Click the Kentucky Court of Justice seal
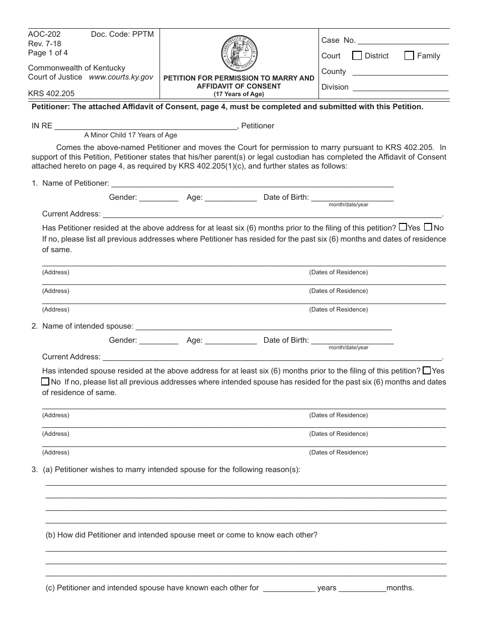pyautogui.click(x=239, y=54)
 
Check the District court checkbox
pyautogui.click(x=357, y=56)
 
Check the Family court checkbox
pyautogui.click(x=409, y=56)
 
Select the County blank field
pyautogui.click(x=400, y=72)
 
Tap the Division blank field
pyautogui.click(x=400, y=88)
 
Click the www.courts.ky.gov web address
pyautogui.click(x=121, y=78)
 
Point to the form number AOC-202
pyautogui.click(x=44, y=34)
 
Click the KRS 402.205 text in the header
pyautogui.click(x=51, y=94)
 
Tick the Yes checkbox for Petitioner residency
pyautogui.click(x=403, y=227)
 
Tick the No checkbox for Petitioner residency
pyautogui.click(x=428, y=227)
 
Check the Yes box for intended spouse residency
pyautogui.click(x=427, y=370)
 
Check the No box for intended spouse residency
pyautogui.click(x=45, y=381)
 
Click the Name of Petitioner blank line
pyautogui.click(x=252, y=184)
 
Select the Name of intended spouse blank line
pyautogui.click(x=264, y=327)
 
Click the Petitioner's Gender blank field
pyautogui.click(x=158, y=198)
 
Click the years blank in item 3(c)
pyautogui.click(x=289, y=588)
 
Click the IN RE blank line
pyautogui.click(x=146, y=126)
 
